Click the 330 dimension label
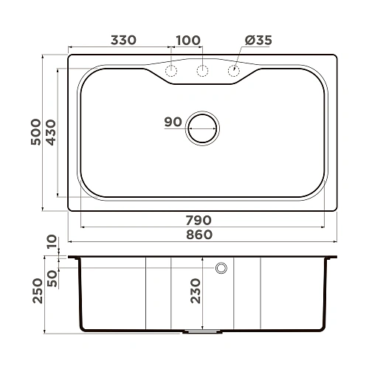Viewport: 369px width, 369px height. click(123, 41)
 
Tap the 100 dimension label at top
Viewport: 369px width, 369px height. click(188, 41)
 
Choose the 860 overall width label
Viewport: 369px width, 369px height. click(199, 235)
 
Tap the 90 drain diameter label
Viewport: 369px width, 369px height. click(173, 123)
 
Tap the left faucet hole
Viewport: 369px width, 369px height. click(171, 71)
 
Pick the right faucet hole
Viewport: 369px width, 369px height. click(233, 71)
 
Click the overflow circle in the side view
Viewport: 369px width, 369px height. click(221, 268)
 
